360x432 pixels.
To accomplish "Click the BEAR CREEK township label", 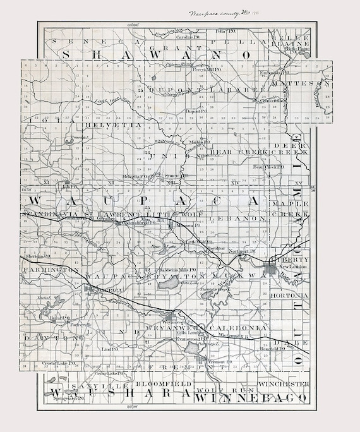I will pos(234,152).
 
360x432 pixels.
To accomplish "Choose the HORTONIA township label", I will pos(289,295).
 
